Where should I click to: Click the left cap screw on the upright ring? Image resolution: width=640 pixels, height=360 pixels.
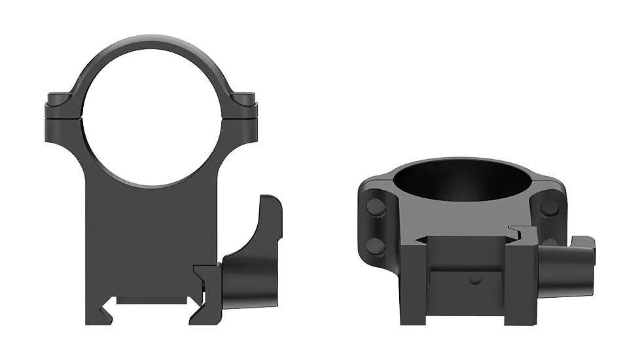coord(59,99)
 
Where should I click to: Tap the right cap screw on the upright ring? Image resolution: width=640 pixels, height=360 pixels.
coord(247,99)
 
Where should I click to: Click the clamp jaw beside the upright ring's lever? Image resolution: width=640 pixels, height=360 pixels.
coord(208,288)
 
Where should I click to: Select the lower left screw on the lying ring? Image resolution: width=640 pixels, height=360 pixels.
coord(376,245)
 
